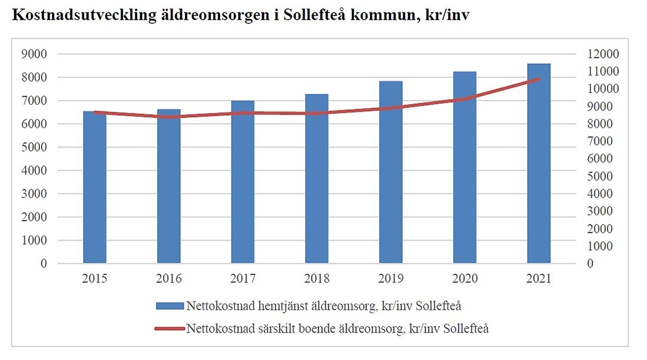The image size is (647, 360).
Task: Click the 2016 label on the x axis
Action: coord(169,279)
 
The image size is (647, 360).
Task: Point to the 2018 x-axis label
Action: coord(317,279)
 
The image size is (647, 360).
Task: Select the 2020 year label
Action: coord(465,279)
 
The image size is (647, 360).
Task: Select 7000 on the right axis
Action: coord(604,141)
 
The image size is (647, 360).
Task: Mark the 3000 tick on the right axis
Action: coord(604,211)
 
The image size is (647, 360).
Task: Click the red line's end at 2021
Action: coord(538,79)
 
